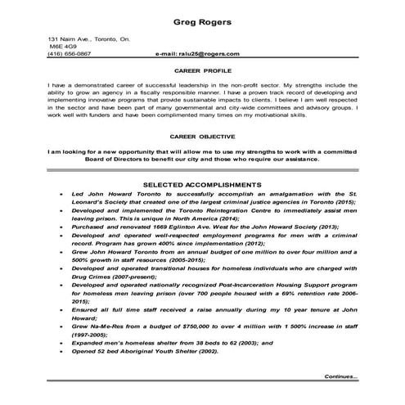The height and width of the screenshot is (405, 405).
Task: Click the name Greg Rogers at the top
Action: tap(201, 21)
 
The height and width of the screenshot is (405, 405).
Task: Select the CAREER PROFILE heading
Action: tap(202, 71)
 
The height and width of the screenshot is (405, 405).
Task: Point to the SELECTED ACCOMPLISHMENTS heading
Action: tap(203, 184)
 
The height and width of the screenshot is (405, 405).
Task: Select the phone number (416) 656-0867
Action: tap(70, 53)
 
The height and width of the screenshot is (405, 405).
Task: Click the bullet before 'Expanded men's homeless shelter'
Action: tap(63, 341)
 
